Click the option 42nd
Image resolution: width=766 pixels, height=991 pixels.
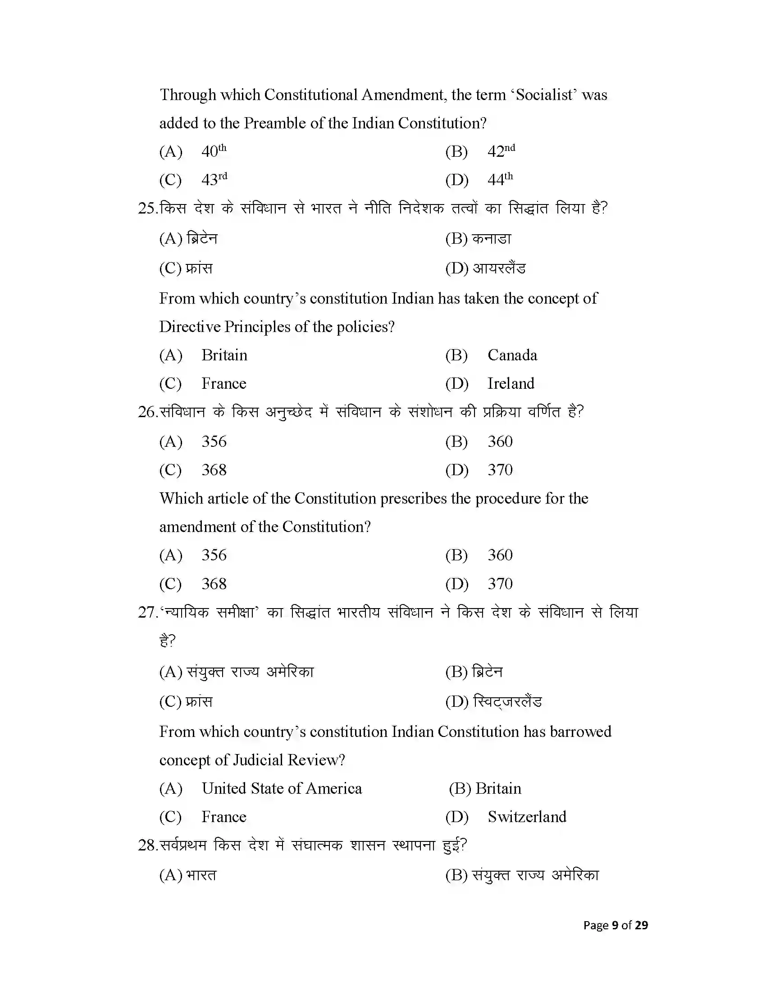pyautogui.click(x=501, y=151)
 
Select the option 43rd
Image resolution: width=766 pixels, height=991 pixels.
pyautogui.click(x=214, y=179)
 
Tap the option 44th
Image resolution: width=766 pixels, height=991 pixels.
pyautogui.click(x=500, y=179)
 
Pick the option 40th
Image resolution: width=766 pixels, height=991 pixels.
pyautogui.click(x=214, y=151)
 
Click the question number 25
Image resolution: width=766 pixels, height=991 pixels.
pyautogui.click(x=147, y=208)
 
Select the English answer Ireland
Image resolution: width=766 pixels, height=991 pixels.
pyautogui.click(x=511, y=383)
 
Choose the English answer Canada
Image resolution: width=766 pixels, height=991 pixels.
pyautogui.click(x=512, y=355)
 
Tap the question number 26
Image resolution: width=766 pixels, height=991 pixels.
pyautogui.click(x=147, y=412)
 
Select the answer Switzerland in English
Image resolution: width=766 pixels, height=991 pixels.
pyautogui.click(x=526, y=817)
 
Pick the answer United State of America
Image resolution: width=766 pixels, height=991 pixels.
pyautogui.click(x=281, y=788)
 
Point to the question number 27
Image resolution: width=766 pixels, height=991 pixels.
pyautogui.click(x=147, y=612)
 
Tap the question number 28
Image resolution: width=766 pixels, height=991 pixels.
pyautogui.click(x=147, y=846)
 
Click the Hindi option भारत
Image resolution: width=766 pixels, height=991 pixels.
pyautogui.click(x=201, y=875)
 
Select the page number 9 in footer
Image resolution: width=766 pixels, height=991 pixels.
pyautogui.click(x=615, y=925)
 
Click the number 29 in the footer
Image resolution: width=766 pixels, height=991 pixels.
pyautogui.click(x=641, y=925)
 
